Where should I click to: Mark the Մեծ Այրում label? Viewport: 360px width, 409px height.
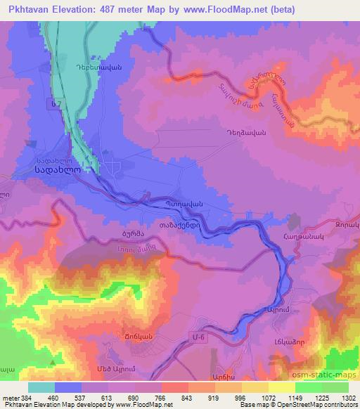pos(97,369)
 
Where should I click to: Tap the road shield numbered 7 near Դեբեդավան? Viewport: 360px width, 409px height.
pos(55,104)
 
